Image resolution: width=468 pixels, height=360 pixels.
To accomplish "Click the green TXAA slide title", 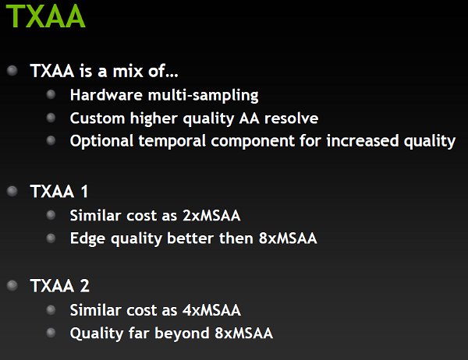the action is coord(46,16).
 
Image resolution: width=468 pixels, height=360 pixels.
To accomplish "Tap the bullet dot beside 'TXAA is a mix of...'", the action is coord(12,71).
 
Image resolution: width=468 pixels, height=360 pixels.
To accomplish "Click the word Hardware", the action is coord(106,95).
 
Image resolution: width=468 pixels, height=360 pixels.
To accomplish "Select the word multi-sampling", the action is coord(204,95).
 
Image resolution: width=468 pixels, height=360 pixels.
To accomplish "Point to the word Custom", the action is coord(97,118).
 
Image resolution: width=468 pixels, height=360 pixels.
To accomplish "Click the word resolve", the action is coord(291,118).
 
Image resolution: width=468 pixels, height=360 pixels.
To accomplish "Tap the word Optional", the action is coord(101,141).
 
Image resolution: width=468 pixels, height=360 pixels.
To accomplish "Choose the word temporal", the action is coord(172,141).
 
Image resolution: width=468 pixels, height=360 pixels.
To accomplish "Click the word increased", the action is coord(363,141).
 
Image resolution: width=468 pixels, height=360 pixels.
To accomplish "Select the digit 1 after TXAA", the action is coord(84,191).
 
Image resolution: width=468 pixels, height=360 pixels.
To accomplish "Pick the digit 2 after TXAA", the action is coord(84,285).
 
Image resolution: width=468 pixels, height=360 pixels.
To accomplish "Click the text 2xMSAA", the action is coord(211,215).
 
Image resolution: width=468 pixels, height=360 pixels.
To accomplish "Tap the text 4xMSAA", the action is coord(211,310).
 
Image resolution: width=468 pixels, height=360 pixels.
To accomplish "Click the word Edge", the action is coord(87,238).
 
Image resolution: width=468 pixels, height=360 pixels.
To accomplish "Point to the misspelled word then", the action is coord(236,238).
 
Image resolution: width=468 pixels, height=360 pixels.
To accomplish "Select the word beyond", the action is coord(182,334).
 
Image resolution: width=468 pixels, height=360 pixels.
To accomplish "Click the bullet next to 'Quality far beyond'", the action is coord(51,333).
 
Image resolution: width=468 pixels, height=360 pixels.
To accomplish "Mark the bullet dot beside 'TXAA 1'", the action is coord(12,191).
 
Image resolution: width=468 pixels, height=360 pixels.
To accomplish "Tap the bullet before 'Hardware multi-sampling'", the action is coord(51,94).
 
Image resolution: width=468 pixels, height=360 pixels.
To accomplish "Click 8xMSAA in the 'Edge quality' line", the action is coord(288,238).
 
